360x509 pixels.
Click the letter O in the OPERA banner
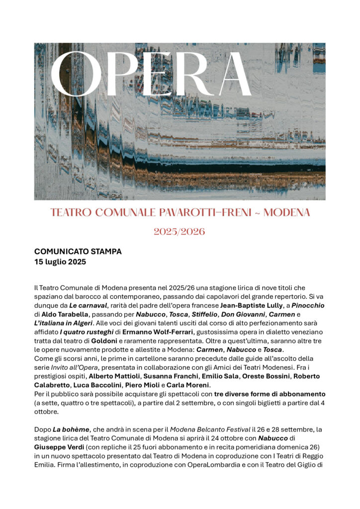tap(76, 74)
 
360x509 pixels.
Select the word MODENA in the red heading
tap(286, 213)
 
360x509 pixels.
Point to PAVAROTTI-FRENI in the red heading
tap(202, 213)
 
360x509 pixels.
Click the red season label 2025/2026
tap(180, 232)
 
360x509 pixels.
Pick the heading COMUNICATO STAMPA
tap(78, 252)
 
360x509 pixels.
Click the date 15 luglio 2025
tap(60, 261)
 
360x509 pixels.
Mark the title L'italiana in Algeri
tap(64, 323)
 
